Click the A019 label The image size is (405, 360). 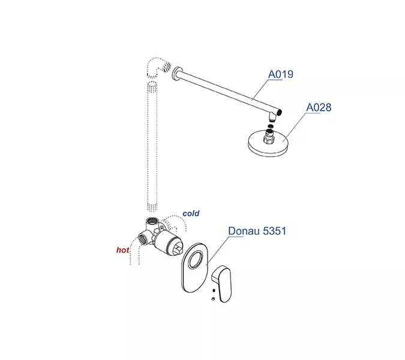click(x=281, y=74)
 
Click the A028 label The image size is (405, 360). click(x=319, y=107)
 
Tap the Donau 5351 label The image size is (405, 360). click(x=257, y=231)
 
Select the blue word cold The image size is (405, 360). click(x=191, y=214)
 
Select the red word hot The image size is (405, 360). click(x=122, y=250)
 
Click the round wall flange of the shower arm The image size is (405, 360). click(x=176, y=74)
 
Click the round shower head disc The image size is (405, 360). click(x=268, y=146)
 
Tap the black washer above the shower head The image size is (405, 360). click(x=270, y=126)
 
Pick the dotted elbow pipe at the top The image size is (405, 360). click(x=158, y=67)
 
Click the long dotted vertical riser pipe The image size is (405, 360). click(x=152, y=146)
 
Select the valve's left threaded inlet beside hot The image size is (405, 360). click(x=143, y=239)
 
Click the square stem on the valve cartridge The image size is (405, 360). click(x=178, y=250)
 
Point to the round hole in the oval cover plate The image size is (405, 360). click(x=196, y=260)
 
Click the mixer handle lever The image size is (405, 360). click(x=223, y=284)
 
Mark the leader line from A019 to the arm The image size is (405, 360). click(x=260, y=89)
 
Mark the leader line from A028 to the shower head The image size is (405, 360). click(x=295, y=127)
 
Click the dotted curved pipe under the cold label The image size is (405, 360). click(x=176, y=222)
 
